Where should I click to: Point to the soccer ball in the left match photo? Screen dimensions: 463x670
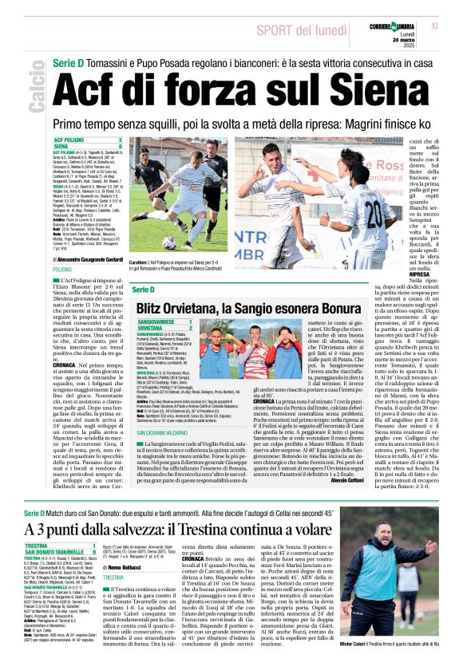pos(169,241)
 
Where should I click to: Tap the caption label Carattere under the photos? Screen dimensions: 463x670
pos(140,262)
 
